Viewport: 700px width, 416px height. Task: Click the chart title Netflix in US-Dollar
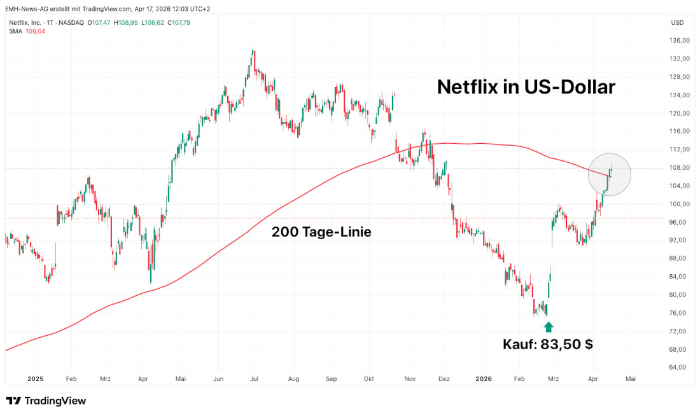(x=526, y=87)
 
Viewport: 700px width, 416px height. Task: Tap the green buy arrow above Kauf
(x=549, y=327)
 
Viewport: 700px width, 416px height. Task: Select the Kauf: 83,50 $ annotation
(x=548, y=345)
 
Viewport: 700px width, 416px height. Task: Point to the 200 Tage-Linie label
(x=321, y=232)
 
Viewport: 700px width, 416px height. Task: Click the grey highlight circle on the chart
(x=609, y=174)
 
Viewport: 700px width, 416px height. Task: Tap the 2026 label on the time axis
(x=484, y=378)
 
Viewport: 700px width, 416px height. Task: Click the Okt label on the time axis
(x=369, y=378)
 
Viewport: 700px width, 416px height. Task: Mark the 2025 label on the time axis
(x=35, y=378)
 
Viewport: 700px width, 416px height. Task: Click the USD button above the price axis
(x=677, y=23)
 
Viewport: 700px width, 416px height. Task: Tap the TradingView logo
(x=46, y=401)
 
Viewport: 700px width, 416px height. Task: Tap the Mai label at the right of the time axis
(x=631, y=378)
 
